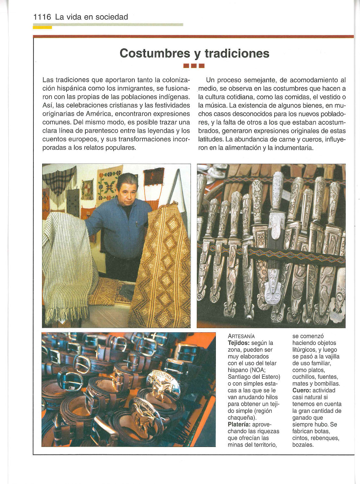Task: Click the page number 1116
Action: click(43, 17)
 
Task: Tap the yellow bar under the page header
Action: click(43, 28)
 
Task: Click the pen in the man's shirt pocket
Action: click(137, 224)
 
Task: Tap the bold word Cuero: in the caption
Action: click(302, 390)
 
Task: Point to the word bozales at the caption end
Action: click(303, 445)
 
